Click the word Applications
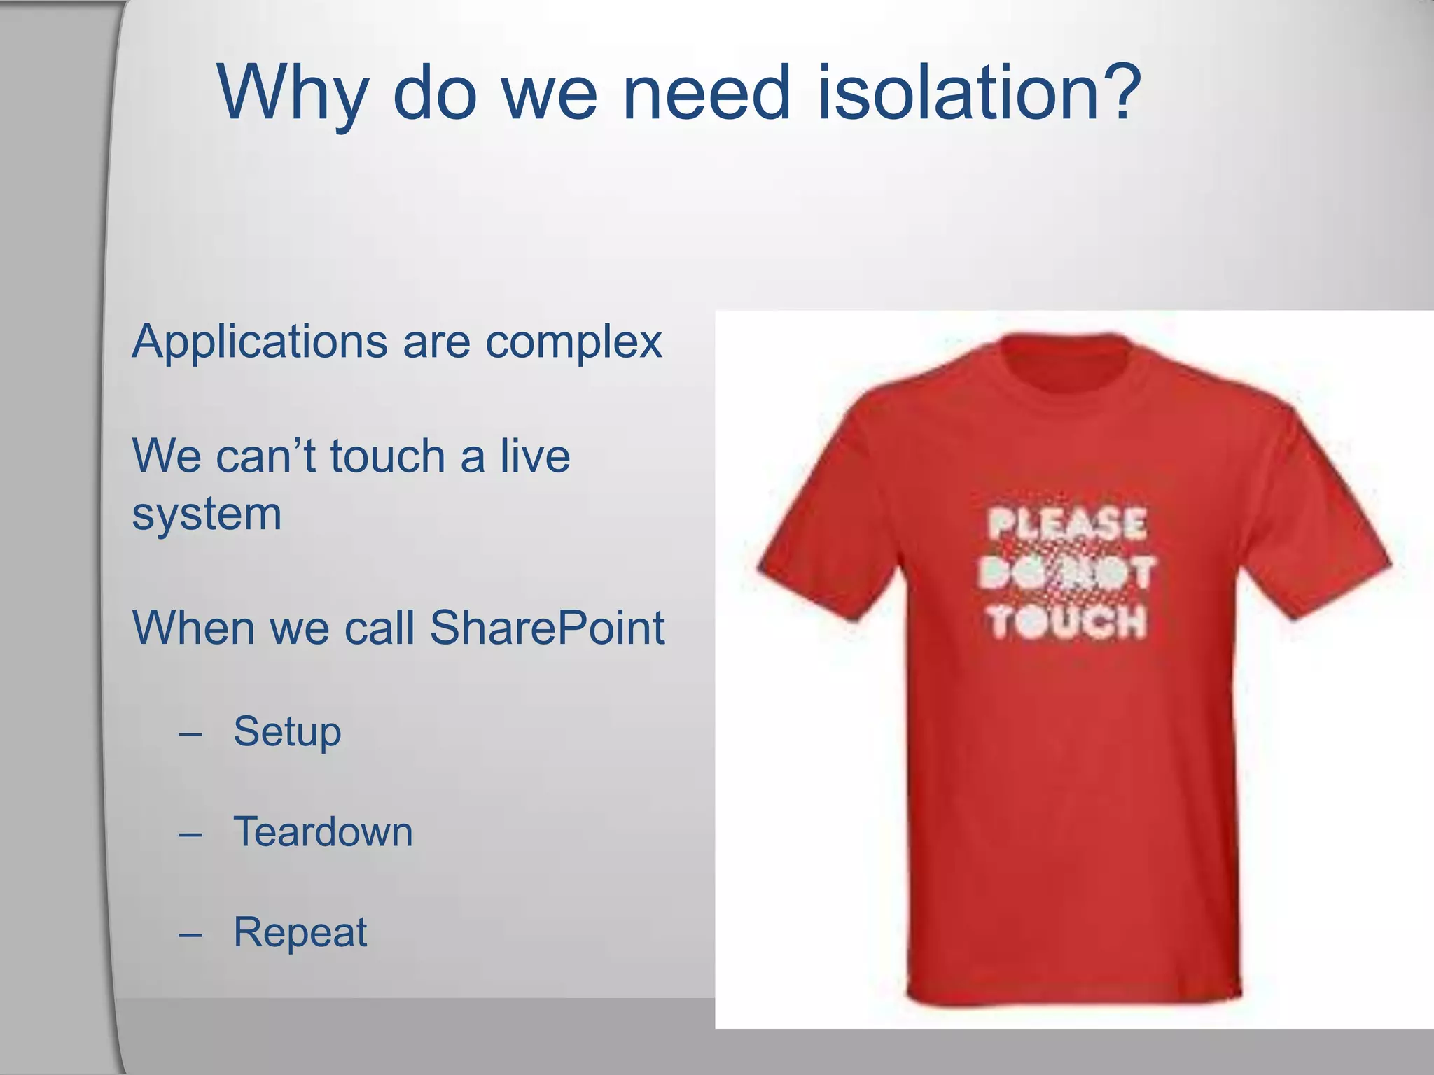coord(260,342)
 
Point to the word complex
coord(573,344)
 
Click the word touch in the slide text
coord(387,456)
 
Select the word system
coord(207,514)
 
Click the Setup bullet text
coord(287,732)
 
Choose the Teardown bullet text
coord(323,832)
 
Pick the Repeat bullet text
coord(300,932)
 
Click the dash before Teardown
coord(190,834)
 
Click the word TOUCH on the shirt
coord(1067,621)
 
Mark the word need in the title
coord(706,92)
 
